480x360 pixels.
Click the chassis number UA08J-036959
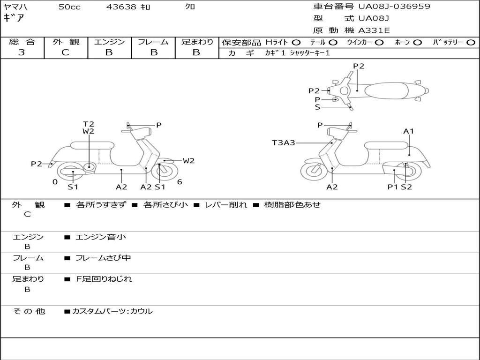(x=394, y=7)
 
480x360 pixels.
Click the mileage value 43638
(x=121, y=7)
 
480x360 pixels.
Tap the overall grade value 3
(x=22, y=52)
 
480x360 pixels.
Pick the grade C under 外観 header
(x=65, y=52)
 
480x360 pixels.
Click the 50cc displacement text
(x=69, y=7)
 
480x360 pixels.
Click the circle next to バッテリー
(x=471, y=43)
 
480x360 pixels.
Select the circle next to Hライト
(x=296, y=43)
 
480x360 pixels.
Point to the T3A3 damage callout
(x=284, y=142)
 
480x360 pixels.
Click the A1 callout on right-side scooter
(x=408, y=131)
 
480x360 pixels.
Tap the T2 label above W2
(x=89, y=124)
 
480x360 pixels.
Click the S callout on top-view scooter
(x=317, y=107)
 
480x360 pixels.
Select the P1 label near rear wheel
(x=392, y=187)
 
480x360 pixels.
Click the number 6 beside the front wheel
(x=180, y=182)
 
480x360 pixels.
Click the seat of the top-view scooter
(x=386, y=90)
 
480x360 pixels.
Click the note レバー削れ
(x=225, y=204)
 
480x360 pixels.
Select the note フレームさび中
(x=103, y=258)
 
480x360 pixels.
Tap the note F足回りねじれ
(x=104, y=279)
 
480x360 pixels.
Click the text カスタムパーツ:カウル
(x=112, y=311)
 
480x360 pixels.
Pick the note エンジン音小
(x=101, y=237)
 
